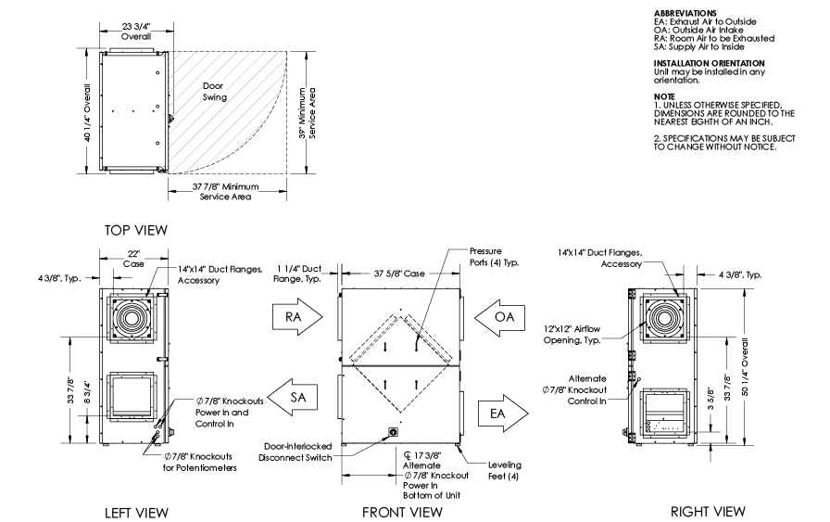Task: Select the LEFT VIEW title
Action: pos(133,511)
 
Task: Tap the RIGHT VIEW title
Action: pos(709,511)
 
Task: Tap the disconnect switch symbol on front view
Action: pos(393,432)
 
